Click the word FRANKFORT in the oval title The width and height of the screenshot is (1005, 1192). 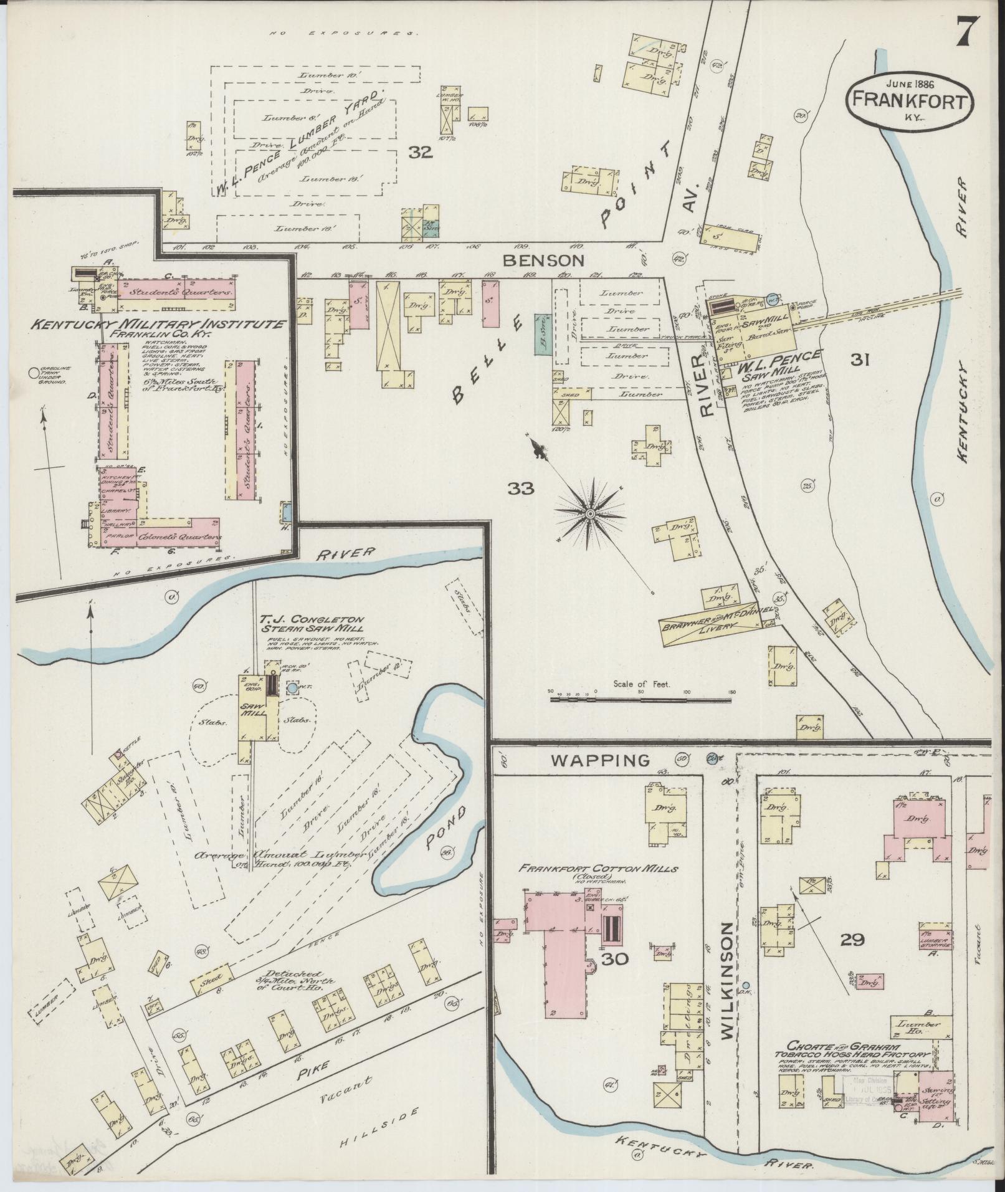point(910,99)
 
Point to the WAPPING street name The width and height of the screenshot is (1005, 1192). point(601,761)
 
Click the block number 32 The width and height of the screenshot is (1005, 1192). point(421,152)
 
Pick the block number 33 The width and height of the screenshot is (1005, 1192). point(520,489)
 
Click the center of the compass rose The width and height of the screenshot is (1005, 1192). point(589,513)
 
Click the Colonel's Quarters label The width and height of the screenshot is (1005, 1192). point(179,537)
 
